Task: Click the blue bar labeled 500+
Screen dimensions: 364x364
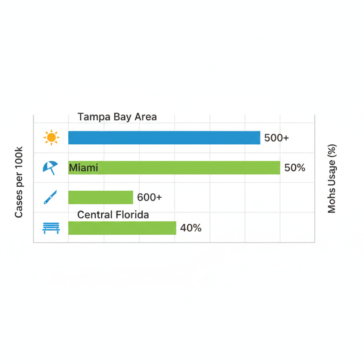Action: point(164,138)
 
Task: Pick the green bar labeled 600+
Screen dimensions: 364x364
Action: point(101,197)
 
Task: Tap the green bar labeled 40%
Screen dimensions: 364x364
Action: point(122,228)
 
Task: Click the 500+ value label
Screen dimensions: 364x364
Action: point(277,138)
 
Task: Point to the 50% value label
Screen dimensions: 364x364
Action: point(295,168)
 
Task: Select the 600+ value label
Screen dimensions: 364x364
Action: point(149,197)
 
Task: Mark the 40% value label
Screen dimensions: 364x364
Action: point(191,228)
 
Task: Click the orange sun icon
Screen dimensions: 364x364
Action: point(51,138)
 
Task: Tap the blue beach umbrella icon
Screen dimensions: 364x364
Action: point(50,167)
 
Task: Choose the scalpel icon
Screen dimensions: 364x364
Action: point(50,197)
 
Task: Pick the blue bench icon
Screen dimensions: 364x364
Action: point(51,228)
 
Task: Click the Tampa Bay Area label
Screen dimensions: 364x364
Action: point(117,117)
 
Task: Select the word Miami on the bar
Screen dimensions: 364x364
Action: point(84,167)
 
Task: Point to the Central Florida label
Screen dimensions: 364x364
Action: point(113,215)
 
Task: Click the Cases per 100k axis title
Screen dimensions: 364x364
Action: point(19,182)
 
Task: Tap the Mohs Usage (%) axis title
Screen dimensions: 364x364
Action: point(332,178)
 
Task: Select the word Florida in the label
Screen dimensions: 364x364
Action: point(133,215)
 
